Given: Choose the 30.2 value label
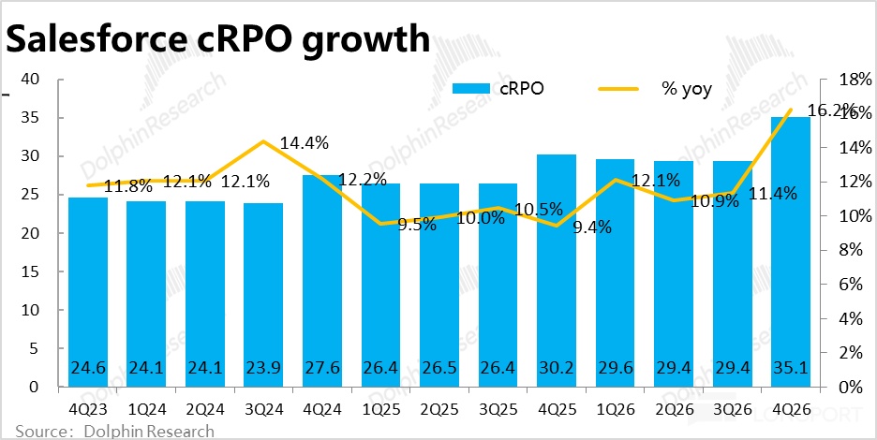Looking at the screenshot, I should pyautogui.click(x=557, y=367).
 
